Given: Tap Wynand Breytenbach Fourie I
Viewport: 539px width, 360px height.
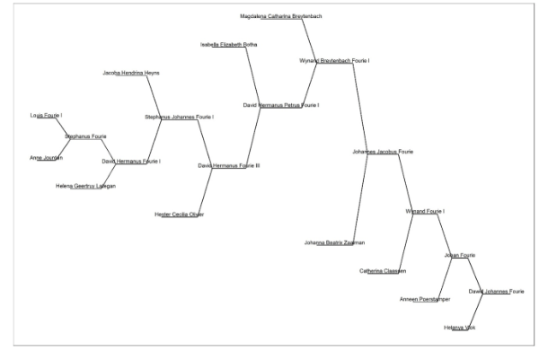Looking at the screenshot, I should (x=334, y=61).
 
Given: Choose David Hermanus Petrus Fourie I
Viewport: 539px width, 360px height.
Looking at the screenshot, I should (x=281, y=106).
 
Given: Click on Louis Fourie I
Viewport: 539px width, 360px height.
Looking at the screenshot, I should (x=46, y=116).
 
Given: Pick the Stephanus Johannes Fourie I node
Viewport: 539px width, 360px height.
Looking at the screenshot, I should (x=179, y=117).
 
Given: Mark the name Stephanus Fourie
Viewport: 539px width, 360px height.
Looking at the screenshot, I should (x=85, y=136).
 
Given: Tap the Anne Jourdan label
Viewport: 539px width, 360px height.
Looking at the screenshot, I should (x=47, y=158).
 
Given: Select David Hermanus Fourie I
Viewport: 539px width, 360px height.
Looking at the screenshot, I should (x=130, y=162).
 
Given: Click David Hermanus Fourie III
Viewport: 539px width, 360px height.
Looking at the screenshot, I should (x=228, y=166).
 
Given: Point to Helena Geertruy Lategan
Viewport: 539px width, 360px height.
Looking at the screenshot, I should (x=85, y=186).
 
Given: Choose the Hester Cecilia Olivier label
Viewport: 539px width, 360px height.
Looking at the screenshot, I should (x=179, y=215).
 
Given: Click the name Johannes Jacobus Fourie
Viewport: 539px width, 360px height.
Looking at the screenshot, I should (x=383, y=152).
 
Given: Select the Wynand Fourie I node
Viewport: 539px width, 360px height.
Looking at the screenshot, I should (x=426, y=211).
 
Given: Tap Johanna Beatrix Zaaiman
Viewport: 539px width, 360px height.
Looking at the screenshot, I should (x=334, y=242).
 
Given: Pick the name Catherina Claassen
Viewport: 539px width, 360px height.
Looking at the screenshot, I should (x=384, y=271).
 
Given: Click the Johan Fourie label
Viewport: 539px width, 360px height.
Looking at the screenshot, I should (x=459, y=256).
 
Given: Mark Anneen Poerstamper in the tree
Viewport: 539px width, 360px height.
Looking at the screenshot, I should (x=424, y=299).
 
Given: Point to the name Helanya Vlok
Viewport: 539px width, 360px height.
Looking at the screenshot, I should (x=460, y=328).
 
